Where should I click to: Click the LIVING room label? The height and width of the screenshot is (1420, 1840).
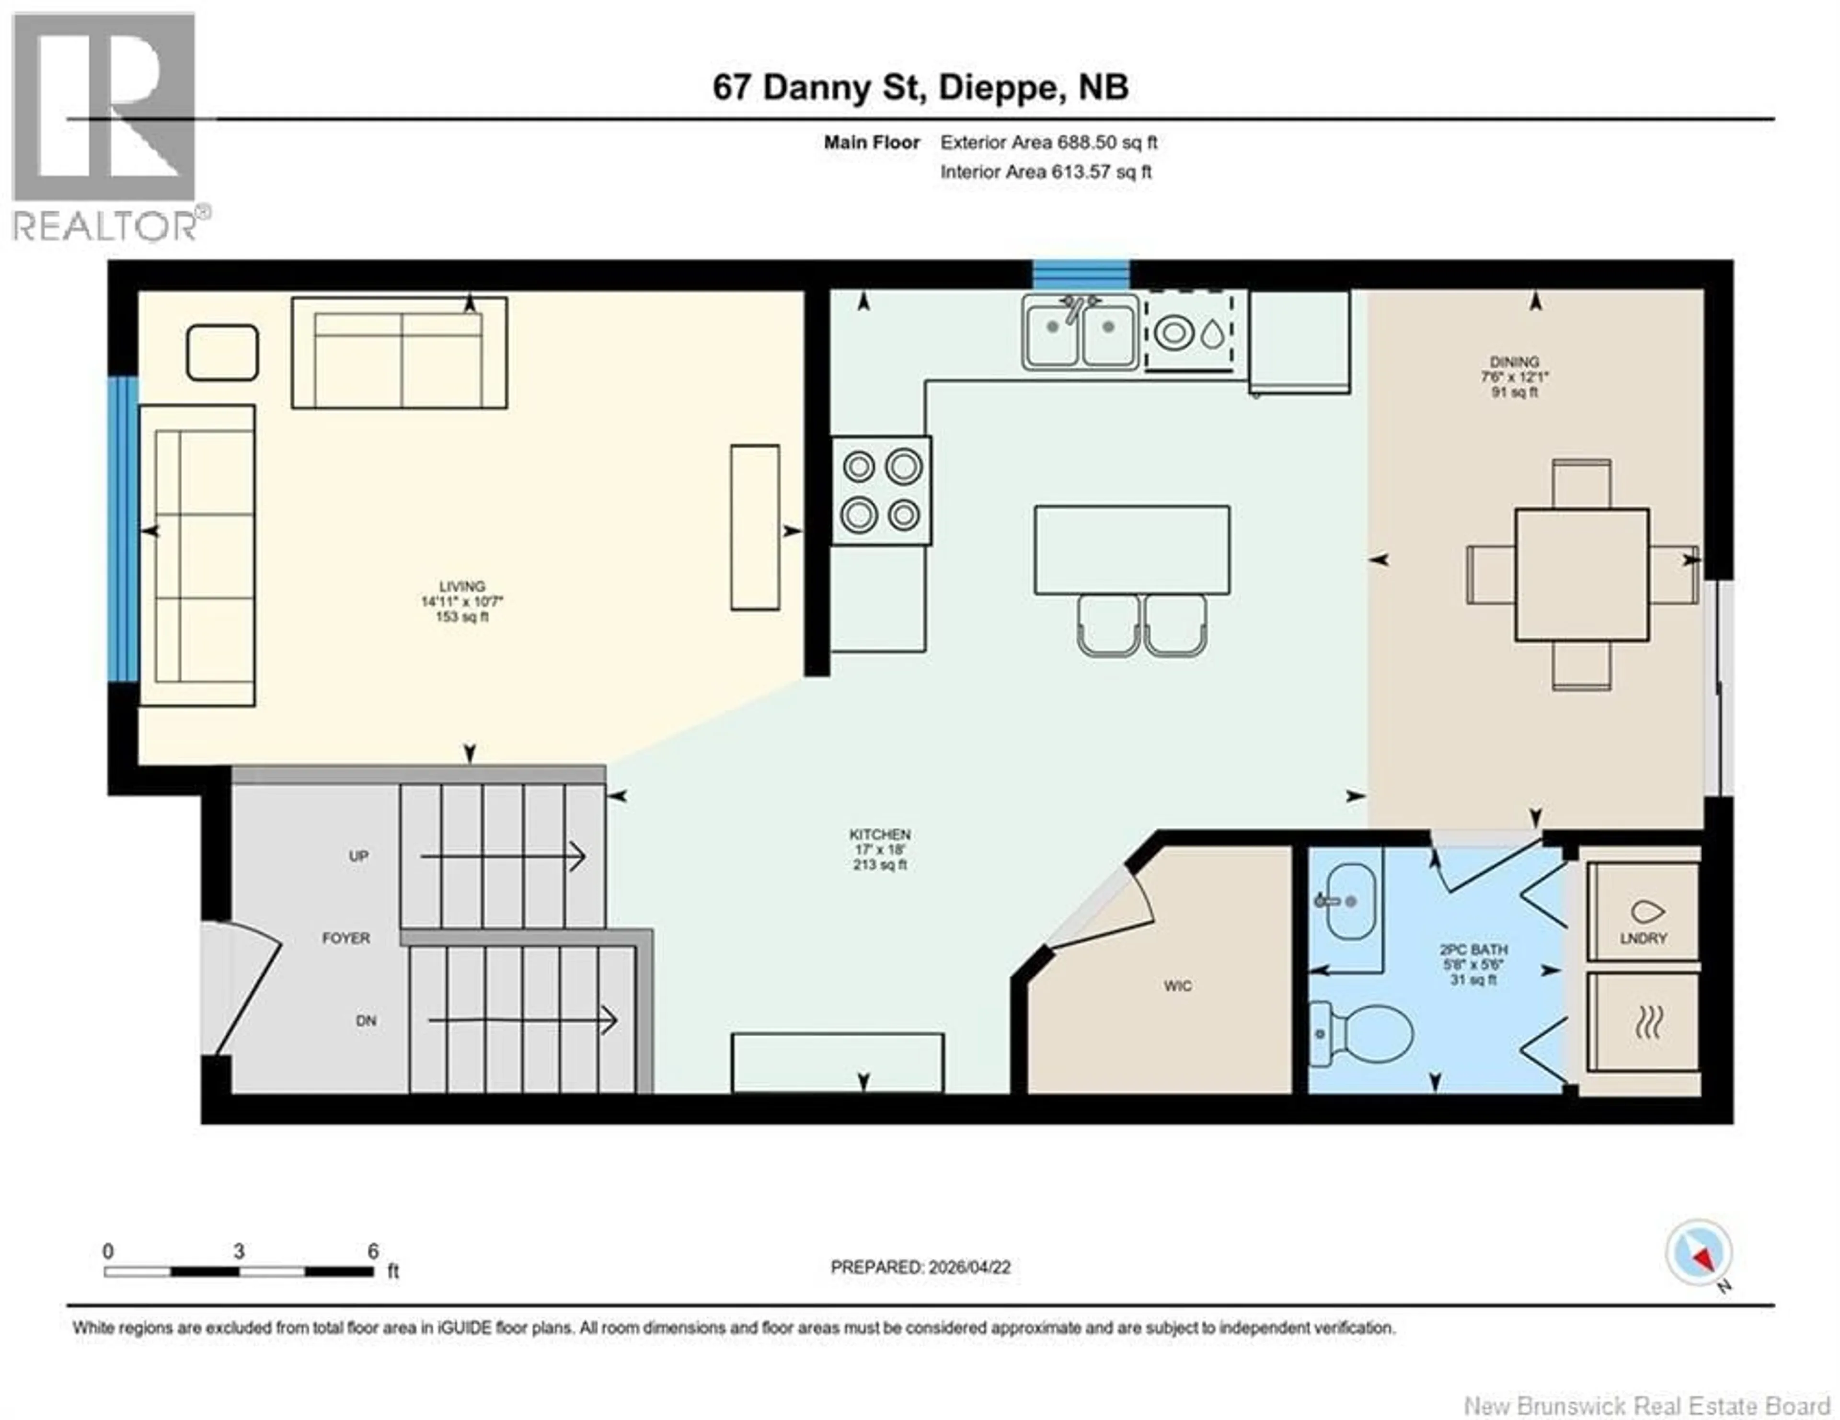coord(462,587)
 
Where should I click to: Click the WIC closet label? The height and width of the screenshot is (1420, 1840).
coord(1177,986)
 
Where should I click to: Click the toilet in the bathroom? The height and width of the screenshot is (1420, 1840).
coord(1365,1033)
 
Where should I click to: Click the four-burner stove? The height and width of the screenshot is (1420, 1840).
coord(881,490)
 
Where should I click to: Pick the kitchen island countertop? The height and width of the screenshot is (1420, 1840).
coord(1131,550)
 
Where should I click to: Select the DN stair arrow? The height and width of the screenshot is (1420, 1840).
coord(522,1021)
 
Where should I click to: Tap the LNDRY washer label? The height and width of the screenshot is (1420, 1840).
coord(1643,938)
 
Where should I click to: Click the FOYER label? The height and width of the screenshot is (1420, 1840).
coord(345,938)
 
